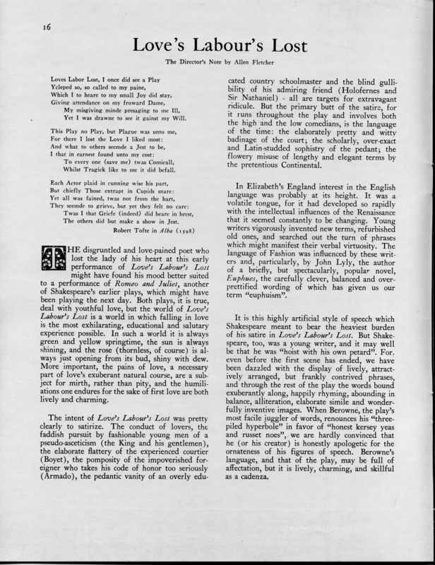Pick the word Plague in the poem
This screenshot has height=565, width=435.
[119, 132]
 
